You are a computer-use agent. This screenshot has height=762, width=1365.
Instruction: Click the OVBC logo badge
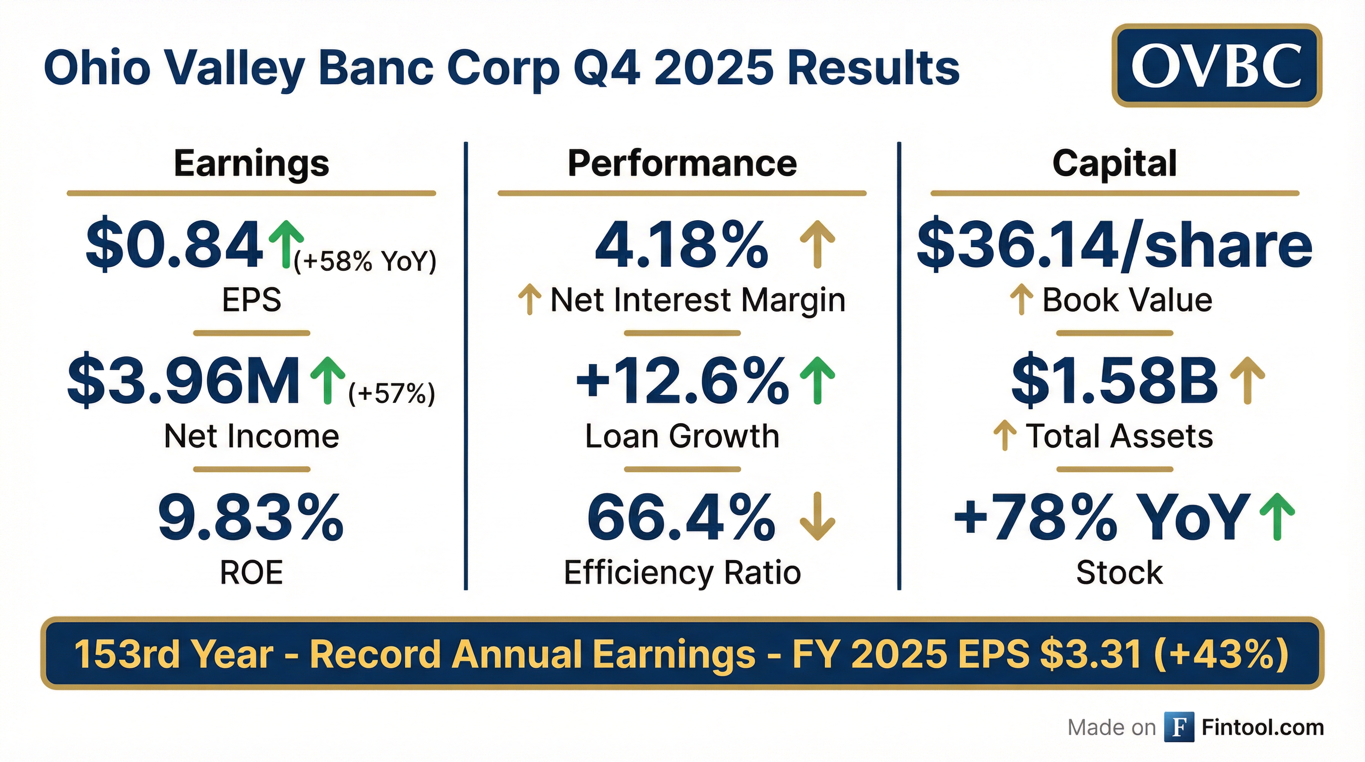pos(1216,65)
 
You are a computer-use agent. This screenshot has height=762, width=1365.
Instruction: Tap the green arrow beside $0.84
pos(286,244)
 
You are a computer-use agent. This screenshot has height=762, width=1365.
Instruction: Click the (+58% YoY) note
pos(365,261)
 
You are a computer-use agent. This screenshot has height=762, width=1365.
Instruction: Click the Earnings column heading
pos(251,163)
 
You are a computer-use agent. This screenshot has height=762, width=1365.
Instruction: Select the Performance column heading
pos(682,163)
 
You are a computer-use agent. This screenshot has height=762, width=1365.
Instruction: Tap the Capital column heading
pos(1115,163)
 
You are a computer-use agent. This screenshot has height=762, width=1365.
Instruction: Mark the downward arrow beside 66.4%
pos(817,516)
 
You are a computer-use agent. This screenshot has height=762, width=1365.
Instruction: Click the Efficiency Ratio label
pos(682,573)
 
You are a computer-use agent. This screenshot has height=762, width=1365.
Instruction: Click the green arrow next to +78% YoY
pos(1277,516)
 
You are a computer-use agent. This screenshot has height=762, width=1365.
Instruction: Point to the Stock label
pos(1119,573)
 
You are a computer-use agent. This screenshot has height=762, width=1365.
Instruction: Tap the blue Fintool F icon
pos(1179,727)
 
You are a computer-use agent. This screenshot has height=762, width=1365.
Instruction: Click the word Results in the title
pos(874,68)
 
